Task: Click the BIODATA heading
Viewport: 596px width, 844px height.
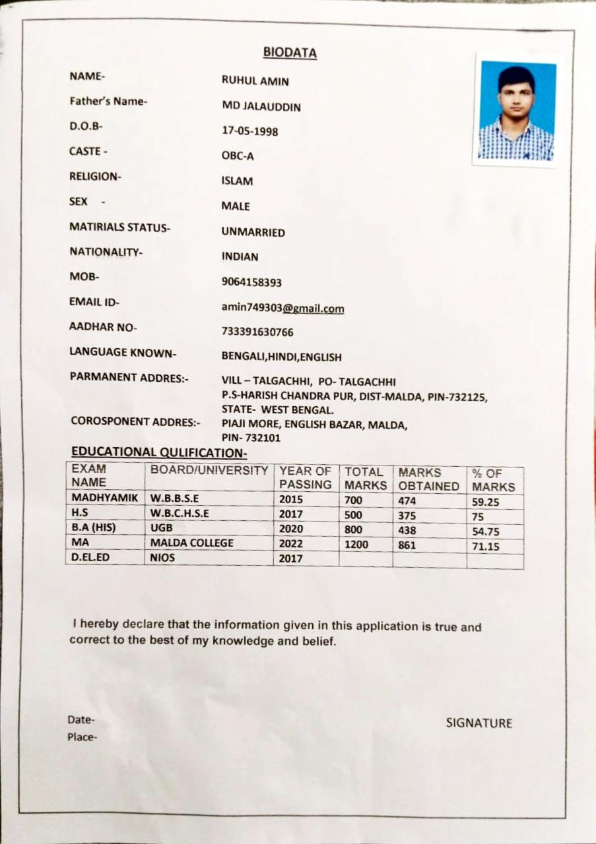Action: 290,52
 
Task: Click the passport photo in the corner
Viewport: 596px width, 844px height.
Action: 516,111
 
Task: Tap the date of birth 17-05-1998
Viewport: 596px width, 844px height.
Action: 249,131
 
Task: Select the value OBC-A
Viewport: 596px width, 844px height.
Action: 238,156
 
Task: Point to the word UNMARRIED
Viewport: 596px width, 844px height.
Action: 253,232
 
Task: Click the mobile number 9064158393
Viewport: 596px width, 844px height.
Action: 251,282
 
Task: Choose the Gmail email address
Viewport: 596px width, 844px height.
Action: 282,308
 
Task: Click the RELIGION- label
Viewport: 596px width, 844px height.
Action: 96,177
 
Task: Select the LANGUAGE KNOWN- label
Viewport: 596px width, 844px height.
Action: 123,353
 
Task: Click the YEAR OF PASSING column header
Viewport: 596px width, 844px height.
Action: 306,478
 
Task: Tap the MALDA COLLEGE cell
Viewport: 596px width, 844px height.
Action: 191,543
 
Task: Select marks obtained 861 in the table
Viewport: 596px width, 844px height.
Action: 406,545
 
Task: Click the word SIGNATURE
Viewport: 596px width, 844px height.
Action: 479,723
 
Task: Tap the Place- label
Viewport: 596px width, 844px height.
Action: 83,737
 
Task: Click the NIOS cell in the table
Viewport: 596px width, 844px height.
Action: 162,558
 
